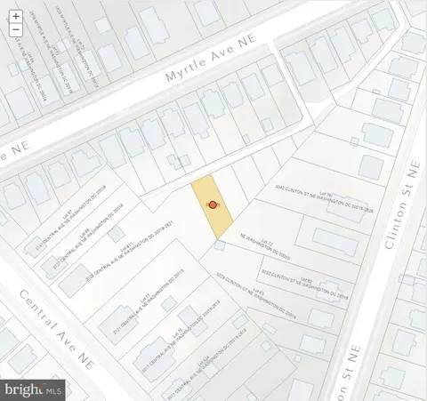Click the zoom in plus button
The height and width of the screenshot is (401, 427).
coord(16,16)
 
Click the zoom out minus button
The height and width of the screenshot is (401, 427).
coord(16,30)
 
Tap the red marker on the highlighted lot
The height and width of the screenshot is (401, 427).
coord(213,205)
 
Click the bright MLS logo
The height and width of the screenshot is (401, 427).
coord(34,388)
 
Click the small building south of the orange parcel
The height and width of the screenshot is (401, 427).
coord(219,245)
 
